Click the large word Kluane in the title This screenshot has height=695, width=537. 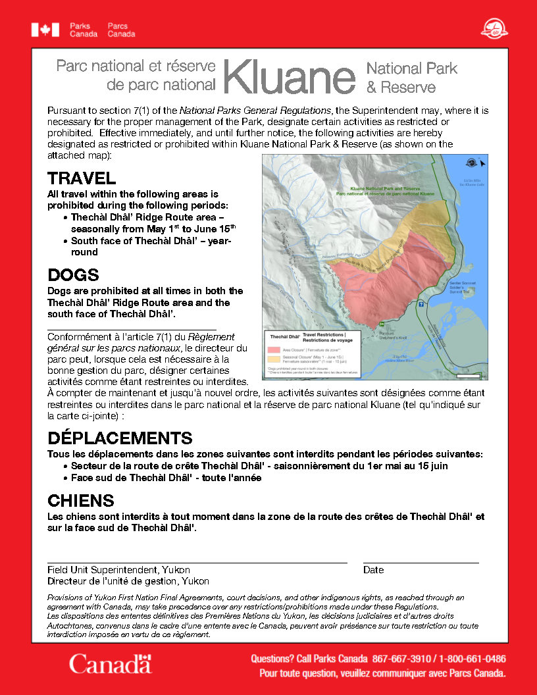[x=289, y=78]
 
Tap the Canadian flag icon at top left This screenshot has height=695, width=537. [x=45, y=30]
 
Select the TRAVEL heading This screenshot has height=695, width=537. [x=82, y=178]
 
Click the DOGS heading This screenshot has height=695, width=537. [x=74, y=275]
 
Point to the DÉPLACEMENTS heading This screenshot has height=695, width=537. [x=120, y=438]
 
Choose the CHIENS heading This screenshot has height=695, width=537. [x=81, y=501]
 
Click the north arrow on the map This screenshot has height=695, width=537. [x=482, y=163]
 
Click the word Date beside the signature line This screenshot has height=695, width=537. [x=373, y=570]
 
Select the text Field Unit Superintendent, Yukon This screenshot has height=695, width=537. [x=118, y=570]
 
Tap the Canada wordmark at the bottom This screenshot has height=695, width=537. [x=111, y=663]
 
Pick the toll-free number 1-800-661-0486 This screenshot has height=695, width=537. [x=473, y=659]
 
